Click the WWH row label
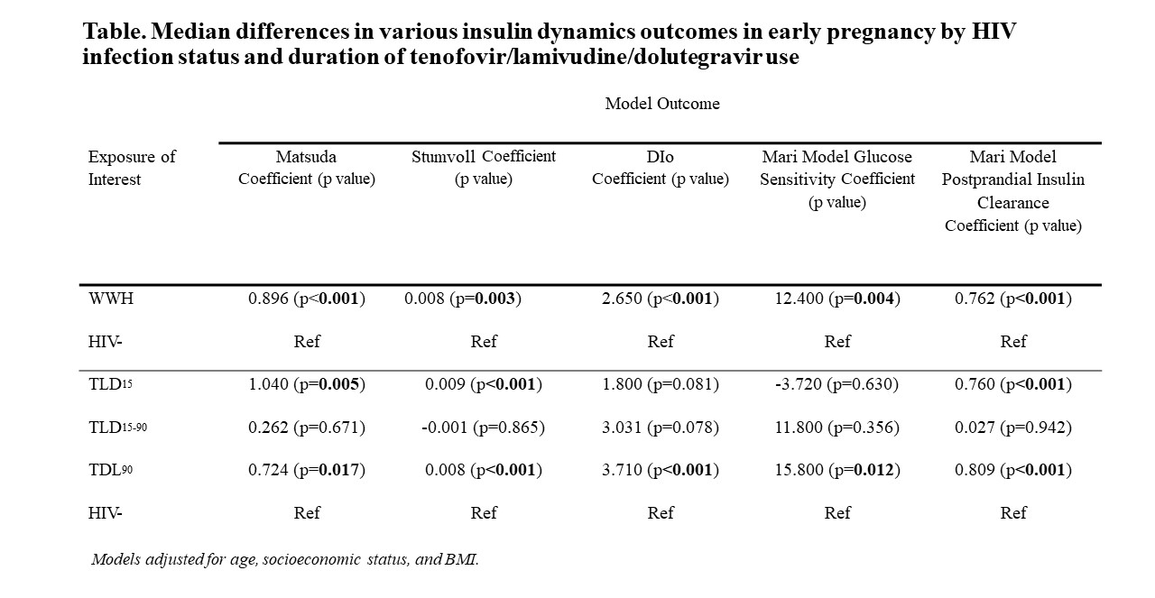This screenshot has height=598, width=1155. pos(111,299)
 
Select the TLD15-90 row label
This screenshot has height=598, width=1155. pos(117,428)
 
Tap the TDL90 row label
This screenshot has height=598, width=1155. pos(110,470)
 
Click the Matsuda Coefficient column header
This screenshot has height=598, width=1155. pos(307,168)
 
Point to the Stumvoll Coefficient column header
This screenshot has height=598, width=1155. pos(484,168)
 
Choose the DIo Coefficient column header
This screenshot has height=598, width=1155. pos(661,168)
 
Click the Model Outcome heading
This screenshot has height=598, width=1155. pos(662,104)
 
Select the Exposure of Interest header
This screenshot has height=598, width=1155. pos(132,168)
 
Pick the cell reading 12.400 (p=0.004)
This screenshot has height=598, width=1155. pos(837,299)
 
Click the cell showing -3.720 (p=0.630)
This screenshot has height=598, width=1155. pos(836,384)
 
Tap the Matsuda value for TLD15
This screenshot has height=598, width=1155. pos(307,384)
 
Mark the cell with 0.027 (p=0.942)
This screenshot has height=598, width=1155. pos(1013,428)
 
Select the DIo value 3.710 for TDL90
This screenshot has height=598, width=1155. pos(661,470)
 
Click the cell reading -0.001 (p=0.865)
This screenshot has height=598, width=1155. pos(483,428)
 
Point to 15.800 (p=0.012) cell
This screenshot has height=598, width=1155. pos(837,470)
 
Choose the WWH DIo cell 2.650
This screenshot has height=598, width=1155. pos(661,299)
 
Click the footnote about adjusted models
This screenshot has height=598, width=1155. pos(285,559)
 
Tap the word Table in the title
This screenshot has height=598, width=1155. pos(114,32)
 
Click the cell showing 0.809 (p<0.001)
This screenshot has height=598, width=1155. pos(1013,470)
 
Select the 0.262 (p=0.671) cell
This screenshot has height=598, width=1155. pos(307,428)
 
